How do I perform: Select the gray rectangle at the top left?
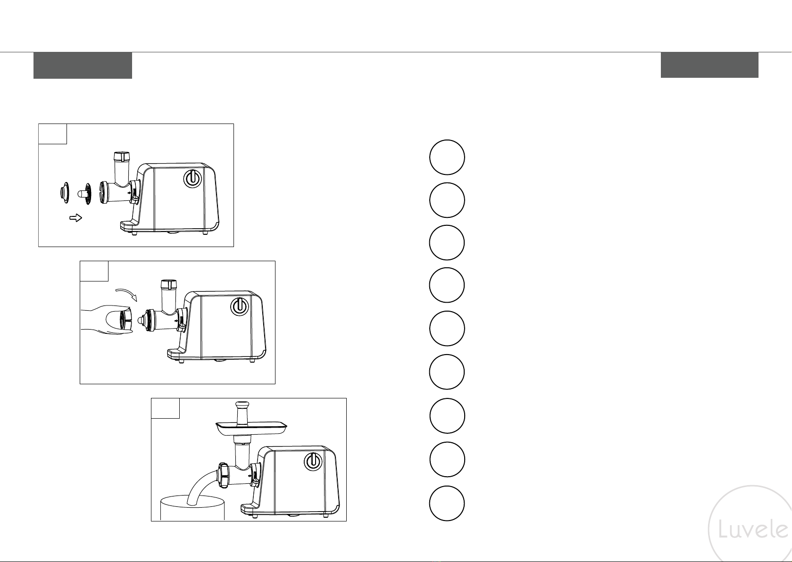(83, 66)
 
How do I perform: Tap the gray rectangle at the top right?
(709, 65)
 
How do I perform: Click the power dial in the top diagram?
(193, 179)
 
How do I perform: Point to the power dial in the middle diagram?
(239, 306)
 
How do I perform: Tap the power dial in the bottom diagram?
(313, 462)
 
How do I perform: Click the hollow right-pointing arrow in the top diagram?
(75, 218)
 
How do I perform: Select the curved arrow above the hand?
(126, 293)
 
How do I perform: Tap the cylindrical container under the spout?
(192, 508)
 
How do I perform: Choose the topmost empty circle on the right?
(447, 157)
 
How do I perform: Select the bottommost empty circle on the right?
(447, 504)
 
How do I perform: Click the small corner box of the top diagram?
(53, 134)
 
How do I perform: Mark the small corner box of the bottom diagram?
(166, 408)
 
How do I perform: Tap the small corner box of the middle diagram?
(94, 271)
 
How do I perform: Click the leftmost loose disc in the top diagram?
(64, 193)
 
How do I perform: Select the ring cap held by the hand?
(125, 320)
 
